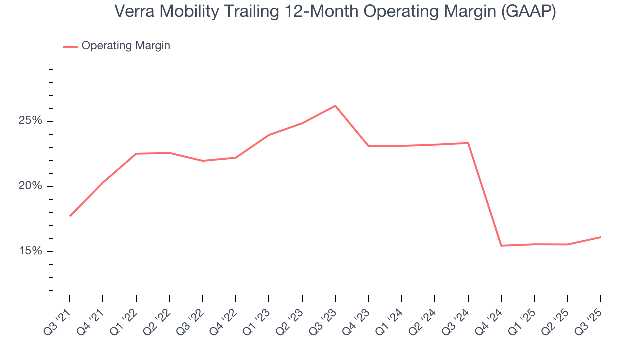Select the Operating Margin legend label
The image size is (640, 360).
tap(126, 46)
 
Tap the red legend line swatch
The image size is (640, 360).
tap(70, 46)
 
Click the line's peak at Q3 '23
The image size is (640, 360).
tap(335, 106)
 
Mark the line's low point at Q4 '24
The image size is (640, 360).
tap(501, 246)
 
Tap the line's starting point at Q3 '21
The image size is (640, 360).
tap(70, 216)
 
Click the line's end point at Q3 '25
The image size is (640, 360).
tap(600, 237)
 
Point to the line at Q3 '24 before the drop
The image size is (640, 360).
tap(468, 143)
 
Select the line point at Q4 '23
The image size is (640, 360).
tap(368, 146)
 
